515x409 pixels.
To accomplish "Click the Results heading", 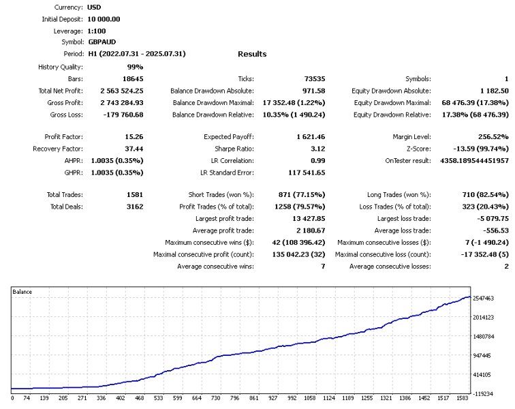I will click(252, 54).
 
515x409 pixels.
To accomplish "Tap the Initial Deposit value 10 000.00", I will click(104, 19).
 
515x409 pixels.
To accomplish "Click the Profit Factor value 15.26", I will click(133, 137).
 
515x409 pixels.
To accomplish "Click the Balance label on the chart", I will click(23, 292).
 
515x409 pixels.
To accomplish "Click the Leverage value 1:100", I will click(96, 31).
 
